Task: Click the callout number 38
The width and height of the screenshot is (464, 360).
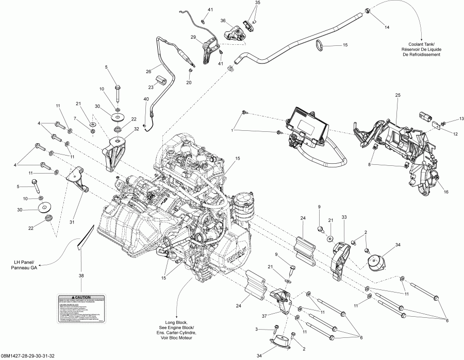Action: pos(81,276)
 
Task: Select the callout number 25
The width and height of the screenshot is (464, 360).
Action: pos(397,96)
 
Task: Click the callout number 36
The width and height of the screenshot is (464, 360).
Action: pos(223,21)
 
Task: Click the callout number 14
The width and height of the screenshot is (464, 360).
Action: pos(387,27)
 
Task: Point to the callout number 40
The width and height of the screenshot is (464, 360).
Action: pos(146,99)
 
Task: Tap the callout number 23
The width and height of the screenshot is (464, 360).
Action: pos(152,87)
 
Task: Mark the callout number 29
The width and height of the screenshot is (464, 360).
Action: pos(193,38)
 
